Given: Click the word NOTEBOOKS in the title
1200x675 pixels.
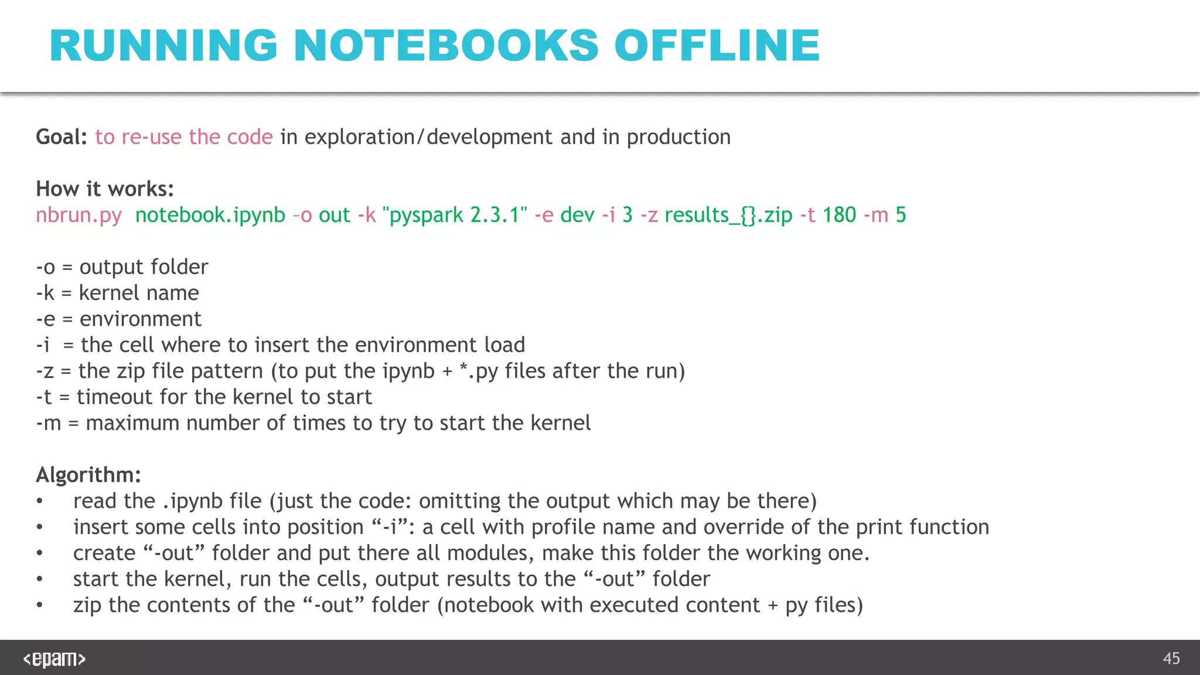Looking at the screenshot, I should coord(446,46).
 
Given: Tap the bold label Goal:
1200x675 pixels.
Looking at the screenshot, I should coord(62,137).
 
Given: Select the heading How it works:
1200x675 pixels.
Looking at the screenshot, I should coord(105,189).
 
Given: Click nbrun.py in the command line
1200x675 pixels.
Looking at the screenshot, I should coord(79,215).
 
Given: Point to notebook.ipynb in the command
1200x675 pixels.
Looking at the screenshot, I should coord(210,215).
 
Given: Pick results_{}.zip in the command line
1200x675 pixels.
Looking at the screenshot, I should coord(728,215).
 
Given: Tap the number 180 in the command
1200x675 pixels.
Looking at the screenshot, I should coord(839,215).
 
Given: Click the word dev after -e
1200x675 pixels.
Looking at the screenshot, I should coord(577,215).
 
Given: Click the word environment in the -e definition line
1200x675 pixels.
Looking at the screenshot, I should coord(141,319).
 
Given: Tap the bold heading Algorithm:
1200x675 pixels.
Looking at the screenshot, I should coord(88,475).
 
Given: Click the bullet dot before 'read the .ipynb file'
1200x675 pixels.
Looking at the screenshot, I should coord(39,502).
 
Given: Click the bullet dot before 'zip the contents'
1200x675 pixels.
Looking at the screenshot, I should coord(39,605).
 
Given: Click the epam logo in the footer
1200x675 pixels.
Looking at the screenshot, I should coord(54,659).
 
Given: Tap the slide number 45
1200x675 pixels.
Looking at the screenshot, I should coord(1171,659).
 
